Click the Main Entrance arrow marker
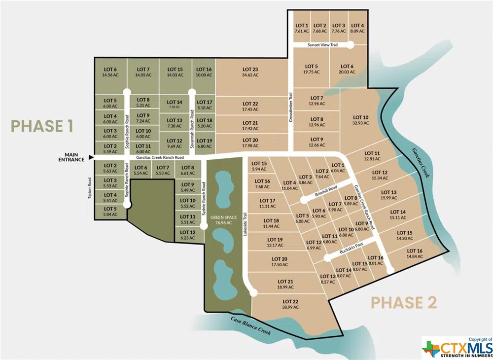[90, 158]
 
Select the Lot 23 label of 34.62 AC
[250, 72]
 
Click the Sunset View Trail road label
[322, 45]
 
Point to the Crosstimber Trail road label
[291, 107]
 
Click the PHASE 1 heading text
[42, 126]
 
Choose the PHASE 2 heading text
[403, 302]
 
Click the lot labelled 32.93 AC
[361, 120]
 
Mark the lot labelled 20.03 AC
[346, 69]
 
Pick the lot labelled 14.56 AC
[110, 72]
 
